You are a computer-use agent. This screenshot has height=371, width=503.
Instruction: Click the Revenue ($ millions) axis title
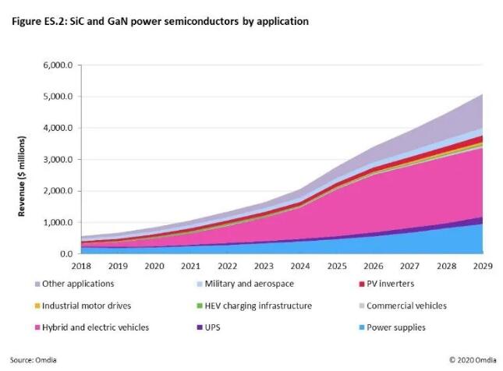(x=24, y=160)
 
